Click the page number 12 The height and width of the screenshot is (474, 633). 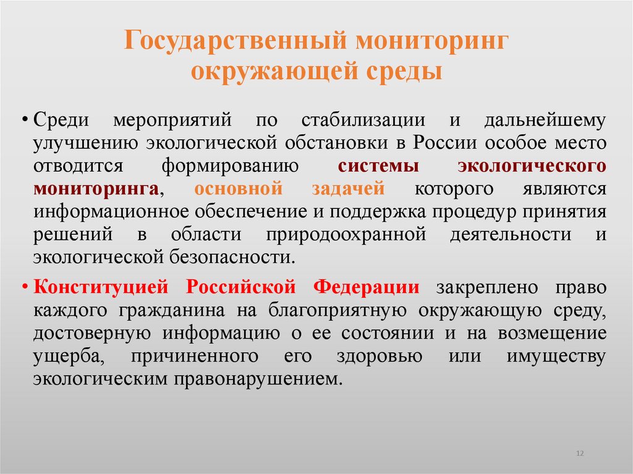point(579,454)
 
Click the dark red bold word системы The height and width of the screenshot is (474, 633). point(379,166)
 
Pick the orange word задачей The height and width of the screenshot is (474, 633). point(350,188)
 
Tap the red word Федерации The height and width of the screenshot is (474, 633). point(367,287)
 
